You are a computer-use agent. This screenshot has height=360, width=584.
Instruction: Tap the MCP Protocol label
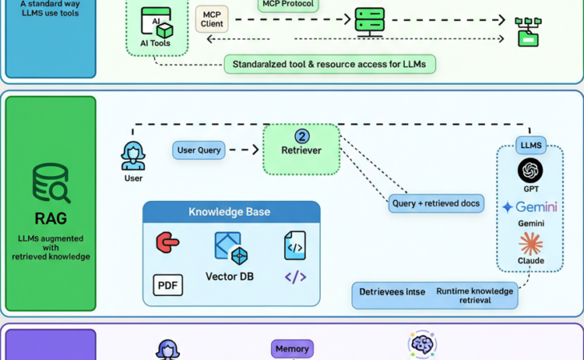[289, 5]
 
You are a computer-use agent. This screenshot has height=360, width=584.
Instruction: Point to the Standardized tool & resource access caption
[330, 64]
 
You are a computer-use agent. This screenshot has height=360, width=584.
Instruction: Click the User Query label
[198, 150]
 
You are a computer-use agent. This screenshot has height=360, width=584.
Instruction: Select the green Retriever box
[301, 150]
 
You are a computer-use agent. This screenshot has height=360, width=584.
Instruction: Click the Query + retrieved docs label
[436, 204]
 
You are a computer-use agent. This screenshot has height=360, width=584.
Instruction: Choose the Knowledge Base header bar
[231, 212]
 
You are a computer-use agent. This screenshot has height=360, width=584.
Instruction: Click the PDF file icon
[168, 285]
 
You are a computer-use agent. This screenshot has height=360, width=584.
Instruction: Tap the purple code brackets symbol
[295, 277]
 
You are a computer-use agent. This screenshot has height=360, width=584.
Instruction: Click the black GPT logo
[530, 170]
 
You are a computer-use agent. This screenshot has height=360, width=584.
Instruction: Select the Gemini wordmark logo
[530, 207]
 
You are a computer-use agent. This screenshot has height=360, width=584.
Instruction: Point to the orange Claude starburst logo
[530, 243]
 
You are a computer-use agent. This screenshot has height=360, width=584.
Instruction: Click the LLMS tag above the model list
[530, 146]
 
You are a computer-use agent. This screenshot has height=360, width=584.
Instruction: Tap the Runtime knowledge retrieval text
[474, 296]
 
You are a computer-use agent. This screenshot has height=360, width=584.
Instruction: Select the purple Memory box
[292, 349]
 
